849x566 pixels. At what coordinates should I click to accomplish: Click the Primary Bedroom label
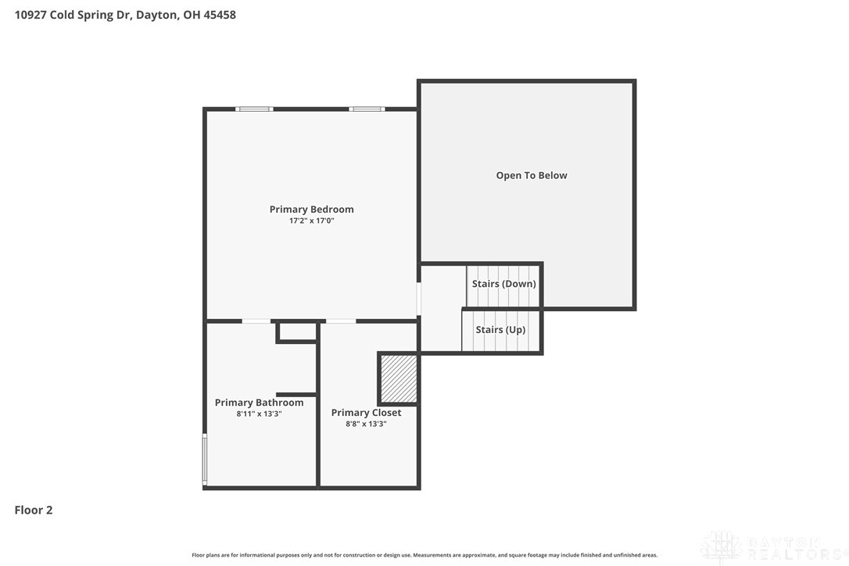[311, 209]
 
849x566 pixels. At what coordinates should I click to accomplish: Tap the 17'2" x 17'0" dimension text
[311, 221]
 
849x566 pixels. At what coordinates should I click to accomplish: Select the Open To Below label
[532, 175]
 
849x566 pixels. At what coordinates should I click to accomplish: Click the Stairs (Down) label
[504, 284]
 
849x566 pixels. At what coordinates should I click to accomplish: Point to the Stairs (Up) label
[501, 330]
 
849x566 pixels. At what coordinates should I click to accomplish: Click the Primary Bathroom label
[259, 403]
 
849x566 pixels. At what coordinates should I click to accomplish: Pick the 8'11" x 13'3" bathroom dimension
[259, 414]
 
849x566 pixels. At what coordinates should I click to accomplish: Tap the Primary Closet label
[366, 413]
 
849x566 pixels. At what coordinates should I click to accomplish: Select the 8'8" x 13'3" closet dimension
[366, 424]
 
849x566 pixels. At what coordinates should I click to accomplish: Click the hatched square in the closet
[399, 378]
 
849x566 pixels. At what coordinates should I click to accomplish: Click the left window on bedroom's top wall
[254, 109]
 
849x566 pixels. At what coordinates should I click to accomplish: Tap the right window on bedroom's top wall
[367, 109]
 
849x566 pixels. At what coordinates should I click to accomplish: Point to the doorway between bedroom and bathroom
[256, 321]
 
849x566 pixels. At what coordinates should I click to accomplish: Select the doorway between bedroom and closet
[341, 321]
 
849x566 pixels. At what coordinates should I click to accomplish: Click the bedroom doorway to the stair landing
[418, 299]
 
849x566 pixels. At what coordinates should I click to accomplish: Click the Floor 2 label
[34, 510]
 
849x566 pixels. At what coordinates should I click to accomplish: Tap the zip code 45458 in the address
[220, 15]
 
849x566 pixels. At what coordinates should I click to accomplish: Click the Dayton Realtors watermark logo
[774, 548]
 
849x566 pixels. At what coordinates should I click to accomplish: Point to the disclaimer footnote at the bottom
[424, 555]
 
